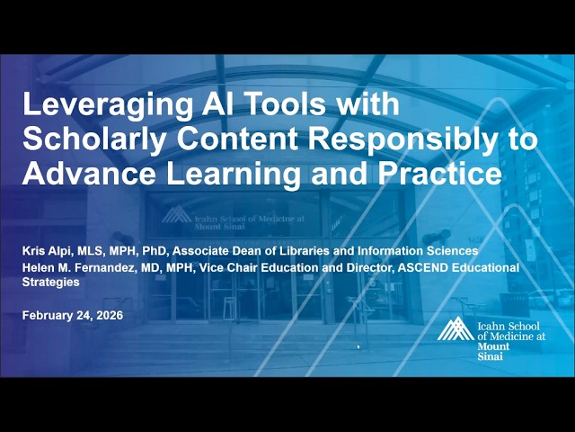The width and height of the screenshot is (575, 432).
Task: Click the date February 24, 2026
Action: [x=72, y=315]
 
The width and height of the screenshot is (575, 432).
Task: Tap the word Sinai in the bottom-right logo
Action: [x=491, y=356]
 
